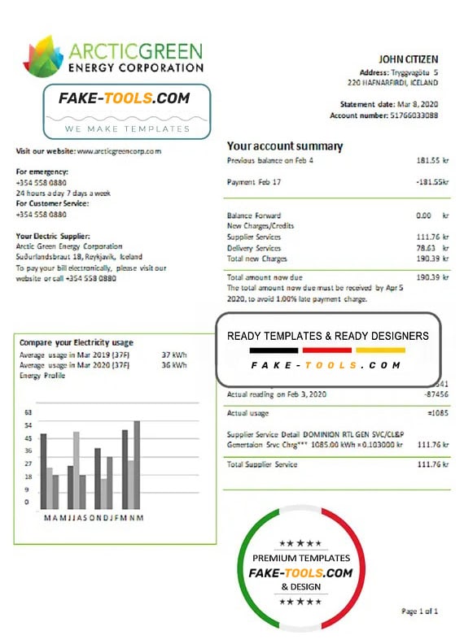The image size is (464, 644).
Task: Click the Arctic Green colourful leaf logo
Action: click(x=42, y=55)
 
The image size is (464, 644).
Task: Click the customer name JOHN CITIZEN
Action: click(x=408, y=59)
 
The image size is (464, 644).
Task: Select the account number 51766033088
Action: click(x=410, y=115)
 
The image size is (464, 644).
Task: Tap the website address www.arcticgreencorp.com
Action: click(x=119, y=151)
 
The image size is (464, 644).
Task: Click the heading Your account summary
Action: click(x=285, y=146)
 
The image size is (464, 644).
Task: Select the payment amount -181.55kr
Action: click(x=432, y=182)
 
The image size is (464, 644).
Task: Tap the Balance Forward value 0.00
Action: click(x=423, y=215)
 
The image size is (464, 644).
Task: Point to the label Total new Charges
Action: click(x=257, y=258)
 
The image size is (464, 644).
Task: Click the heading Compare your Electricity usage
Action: click(x=77, y=342)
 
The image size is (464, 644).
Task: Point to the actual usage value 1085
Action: click(x=438, y=414)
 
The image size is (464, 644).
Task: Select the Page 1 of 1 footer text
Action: click(x=420, y=611)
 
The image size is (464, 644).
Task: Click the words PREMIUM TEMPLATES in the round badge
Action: click(x=301, y=558)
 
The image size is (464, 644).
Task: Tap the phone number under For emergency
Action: click(x=42, y=183)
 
